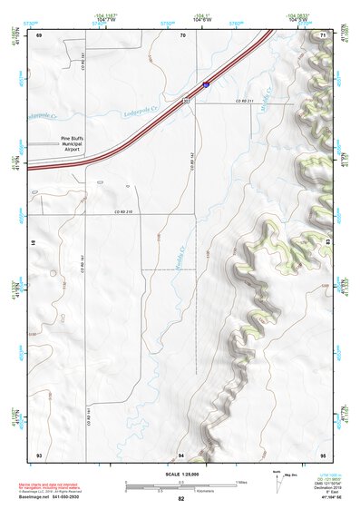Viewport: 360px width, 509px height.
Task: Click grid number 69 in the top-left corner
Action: (x=39, y=34)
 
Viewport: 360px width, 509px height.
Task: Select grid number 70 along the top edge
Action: (x=182, y=34)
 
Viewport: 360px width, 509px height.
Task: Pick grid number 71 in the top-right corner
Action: (x=323, y=34)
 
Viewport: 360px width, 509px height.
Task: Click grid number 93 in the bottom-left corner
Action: (x=39, y=454)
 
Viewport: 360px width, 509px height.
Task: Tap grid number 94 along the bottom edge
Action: (x=181, y=454)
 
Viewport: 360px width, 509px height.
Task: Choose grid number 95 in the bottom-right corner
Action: (x=323, y=454)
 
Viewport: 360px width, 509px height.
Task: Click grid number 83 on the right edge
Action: (x=326, y=243)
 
